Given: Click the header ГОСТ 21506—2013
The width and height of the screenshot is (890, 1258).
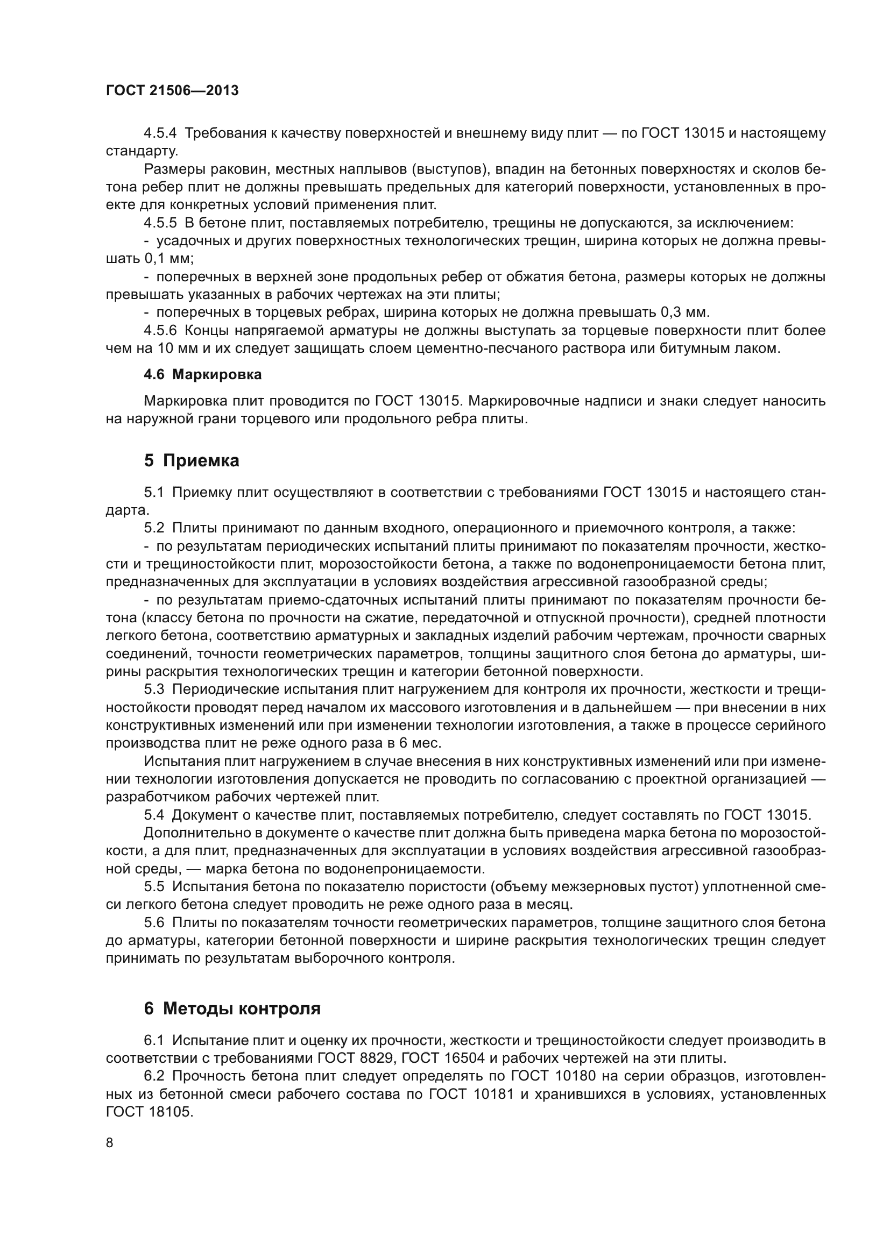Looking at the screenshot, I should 172,91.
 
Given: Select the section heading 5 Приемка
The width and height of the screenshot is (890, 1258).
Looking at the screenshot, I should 192,461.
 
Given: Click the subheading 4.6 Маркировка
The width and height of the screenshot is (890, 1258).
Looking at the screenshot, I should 203,375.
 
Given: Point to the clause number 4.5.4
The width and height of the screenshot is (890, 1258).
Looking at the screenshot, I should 160,133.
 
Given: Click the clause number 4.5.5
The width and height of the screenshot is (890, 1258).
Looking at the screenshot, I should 160,223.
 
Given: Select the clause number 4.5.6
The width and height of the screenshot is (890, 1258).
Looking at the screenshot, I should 160,330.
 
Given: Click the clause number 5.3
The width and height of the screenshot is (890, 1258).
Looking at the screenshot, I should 154,690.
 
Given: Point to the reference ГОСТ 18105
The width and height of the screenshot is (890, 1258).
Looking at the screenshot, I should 149,1112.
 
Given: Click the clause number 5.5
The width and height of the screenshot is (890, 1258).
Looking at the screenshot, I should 154,886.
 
